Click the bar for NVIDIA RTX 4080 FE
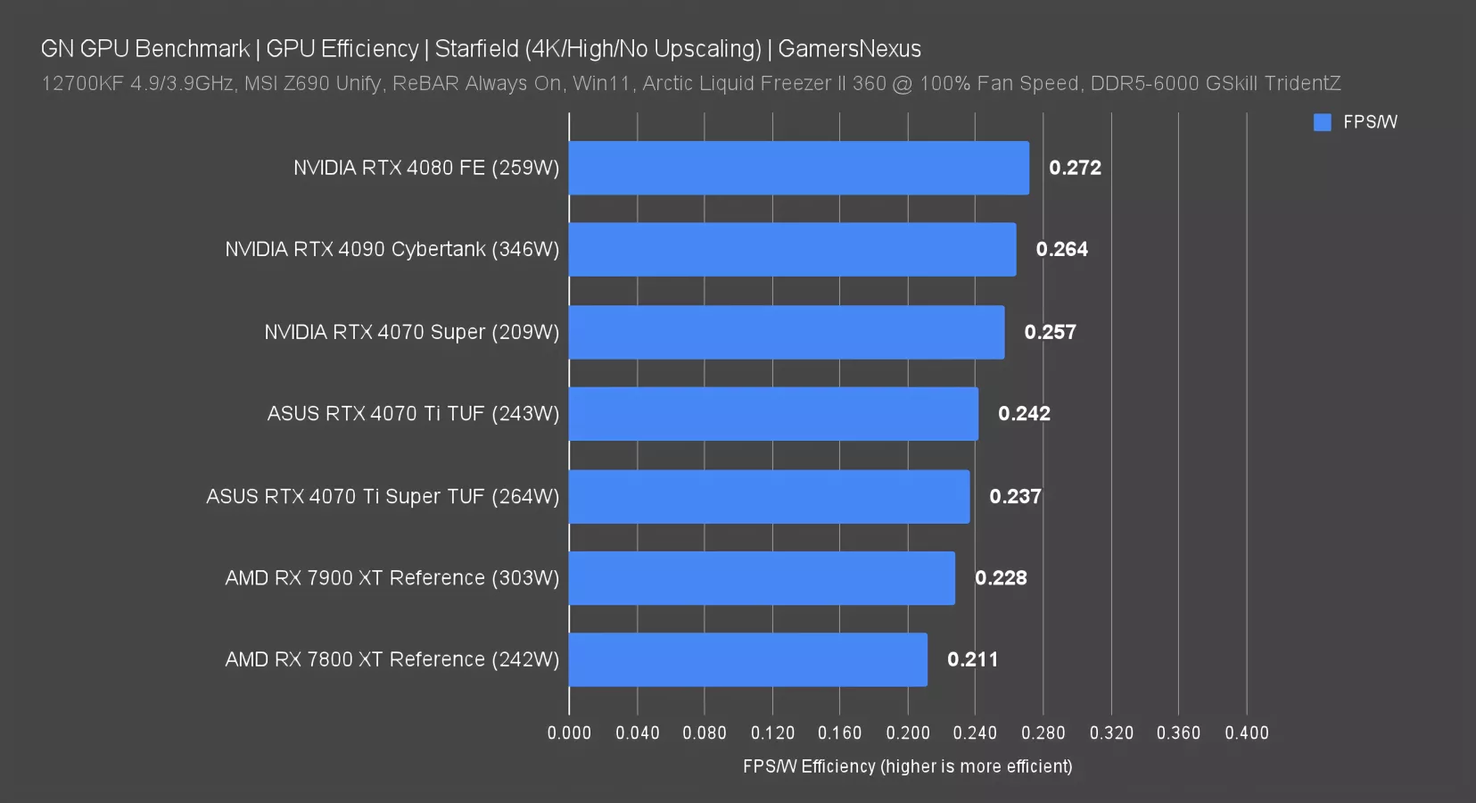[798, 168]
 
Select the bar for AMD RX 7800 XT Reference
[747, 659]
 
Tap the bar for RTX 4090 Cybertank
[792, 249]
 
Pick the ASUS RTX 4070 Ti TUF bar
[773, 413]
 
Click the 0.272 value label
[1075, 168]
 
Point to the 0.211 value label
[972, 659]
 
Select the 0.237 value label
[1015, 496]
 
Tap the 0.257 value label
[1050, 332]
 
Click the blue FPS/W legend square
[1322, 122]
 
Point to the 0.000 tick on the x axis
[569, 733]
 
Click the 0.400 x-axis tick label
[1246, 733]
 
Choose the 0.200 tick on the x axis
[908, 733]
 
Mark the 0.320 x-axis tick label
[1111, 733]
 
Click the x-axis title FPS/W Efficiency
[907, 766]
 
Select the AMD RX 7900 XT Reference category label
[392, 578]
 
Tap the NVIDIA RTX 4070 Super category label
[411, 332]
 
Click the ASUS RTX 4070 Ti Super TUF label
[383, 496]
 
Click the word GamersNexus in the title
[849, 49]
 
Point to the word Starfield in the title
[476, 49]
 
